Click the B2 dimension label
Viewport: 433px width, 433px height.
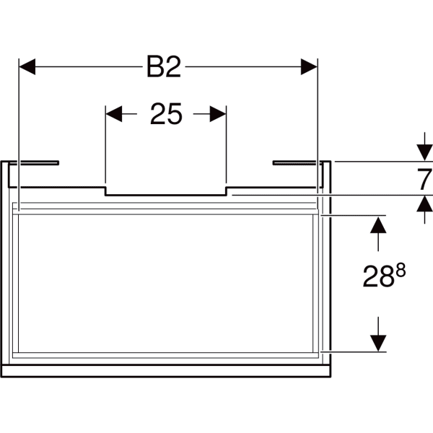(x=164, y=66)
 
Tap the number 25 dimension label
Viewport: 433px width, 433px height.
(x=166, y=114)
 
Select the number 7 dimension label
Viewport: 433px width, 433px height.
(x=425, y=180)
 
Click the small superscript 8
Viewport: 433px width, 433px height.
(x=401, y=270)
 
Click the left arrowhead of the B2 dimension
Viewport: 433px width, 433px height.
(x=27, y=66)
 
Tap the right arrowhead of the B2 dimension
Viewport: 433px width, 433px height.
(x=309, y=66)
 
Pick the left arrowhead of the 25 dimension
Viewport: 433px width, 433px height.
(x=114, y=114)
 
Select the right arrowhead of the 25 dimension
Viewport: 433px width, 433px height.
(x=218, y=114)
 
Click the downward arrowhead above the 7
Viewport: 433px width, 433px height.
(x=425, y=152)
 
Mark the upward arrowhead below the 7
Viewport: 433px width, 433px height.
(x=425, y=204)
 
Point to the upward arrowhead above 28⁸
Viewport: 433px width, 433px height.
(x=378, y=224)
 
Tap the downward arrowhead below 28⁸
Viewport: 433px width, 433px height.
(x=378, y=344)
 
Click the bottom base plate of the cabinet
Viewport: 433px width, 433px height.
(x=166, y=371)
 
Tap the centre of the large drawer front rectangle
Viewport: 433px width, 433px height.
(x=166, y=284)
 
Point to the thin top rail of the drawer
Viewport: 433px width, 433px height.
(x=166, y=211)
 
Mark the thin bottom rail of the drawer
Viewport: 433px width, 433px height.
(x=166, y=355)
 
